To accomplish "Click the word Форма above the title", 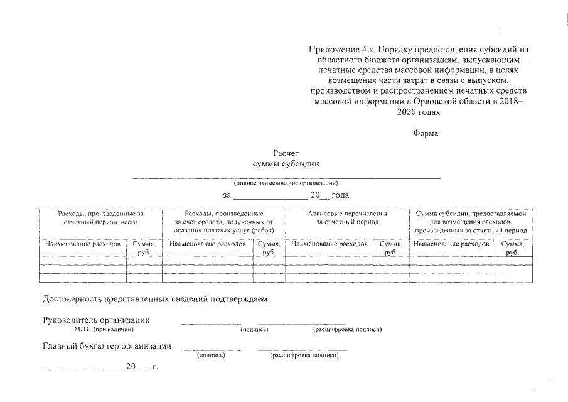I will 426,133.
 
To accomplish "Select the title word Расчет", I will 286,153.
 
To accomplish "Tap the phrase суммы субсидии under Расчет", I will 286,164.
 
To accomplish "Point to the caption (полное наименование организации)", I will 286,183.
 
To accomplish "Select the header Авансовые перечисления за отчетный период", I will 347,218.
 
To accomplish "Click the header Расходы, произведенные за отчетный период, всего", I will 100,218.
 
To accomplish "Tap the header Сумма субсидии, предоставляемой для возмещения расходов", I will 471,218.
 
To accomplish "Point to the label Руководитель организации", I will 96,320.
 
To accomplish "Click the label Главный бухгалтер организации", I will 107,345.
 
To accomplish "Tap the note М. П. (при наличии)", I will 104,329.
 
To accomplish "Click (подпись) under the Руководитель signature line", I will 255,329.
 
